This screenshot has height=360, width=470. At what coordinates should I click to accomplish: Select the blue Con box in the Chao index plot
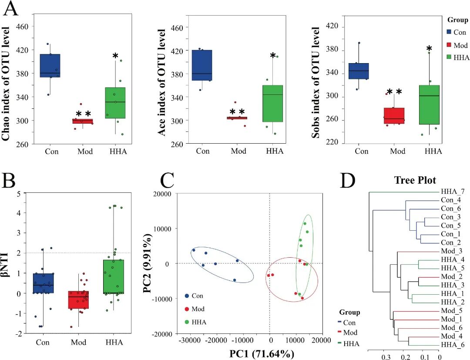(x=50, y=65)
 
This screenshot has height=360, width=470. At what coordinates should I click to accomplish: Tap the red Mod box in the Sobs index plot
(x=395, y=116)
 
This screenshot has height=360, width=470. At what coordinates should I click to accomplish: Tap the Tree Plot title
(x=415, y=180)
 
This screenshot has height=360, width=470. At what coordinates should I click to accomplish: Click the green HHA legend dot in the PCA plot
(x=187, y=322)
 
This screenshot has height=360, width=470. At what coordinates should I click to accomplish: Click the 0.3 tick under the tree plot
(x=386, y=357)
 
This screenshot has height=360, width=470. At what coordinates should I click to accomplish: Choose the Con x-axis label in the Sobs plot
(x=362, y=151)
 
